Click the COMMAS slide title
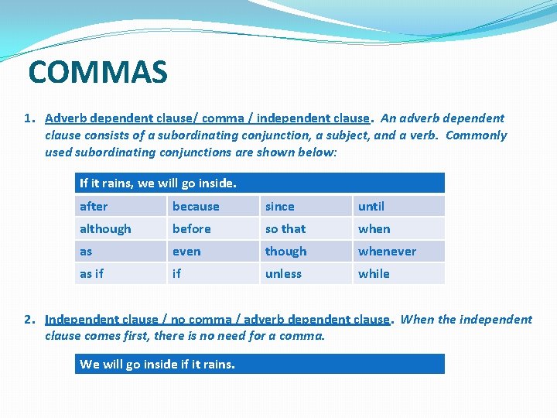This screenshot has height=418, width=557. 97,73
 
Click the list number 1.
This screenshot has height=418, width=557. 29,118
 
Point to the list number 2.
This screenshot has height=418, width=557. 29,319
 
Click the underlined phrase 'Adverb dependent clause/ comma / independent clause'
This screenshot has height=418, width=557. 207,118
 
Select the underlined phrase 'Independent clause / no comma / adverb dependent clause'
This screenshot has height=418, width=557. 217,319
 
